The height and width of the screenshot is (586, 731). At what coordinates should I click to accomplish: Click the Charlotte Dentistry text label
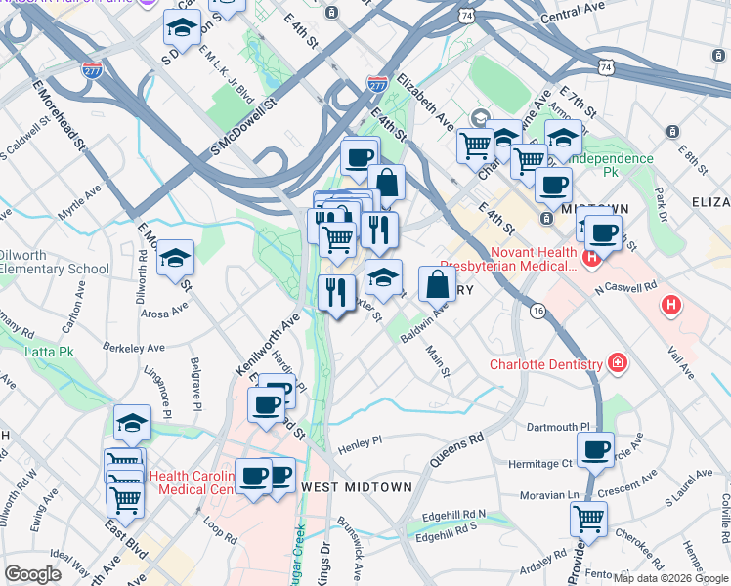click(x=546, y=365)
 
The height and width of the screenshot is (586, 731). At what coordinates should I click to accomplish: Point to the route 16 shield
click(x=537, y=310)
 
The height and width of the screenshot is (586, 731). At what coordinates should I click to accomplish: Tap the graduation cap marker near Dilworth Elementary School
click(x=176, y=259)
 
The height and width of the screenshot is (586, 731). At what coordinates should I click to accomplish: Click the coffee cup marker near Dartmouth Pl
click(x=595, y=450)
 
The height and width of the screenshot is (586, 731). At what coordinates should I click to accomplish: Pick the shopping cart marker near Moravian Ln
click(x=588, y=519)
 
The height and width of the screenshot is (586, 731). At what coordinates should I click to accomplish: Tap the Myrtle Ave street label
click(x=79, y=201)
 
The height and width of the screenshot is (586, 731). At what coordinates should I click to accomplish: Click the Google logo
click(x=33, y=573)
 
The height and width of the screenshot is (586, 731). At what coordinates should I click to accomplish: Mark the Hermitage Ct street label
click(x=540, y=463)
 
